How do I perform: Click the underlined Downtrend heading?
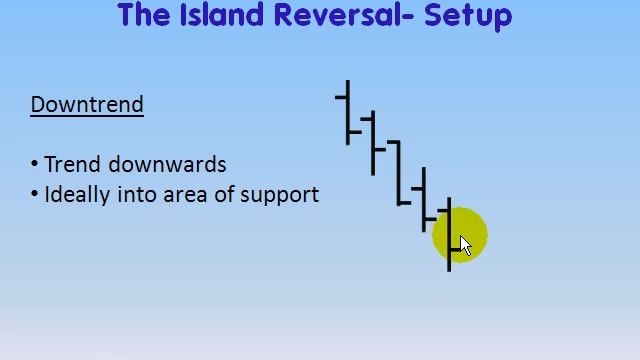pos(87,105)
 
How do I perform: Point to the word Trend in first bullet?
pos(72,164)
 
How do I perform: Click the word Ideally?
pos(78,194)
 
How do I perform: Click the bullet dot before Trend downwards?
pos(35,164)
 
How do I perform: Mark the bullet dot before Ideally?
pos(35,194)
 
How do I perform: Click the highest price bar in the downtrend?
pos(348,110)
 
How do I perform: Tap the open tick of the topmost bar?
pos(342,97)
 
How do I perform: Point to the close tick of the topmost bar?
pos(354,131)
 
